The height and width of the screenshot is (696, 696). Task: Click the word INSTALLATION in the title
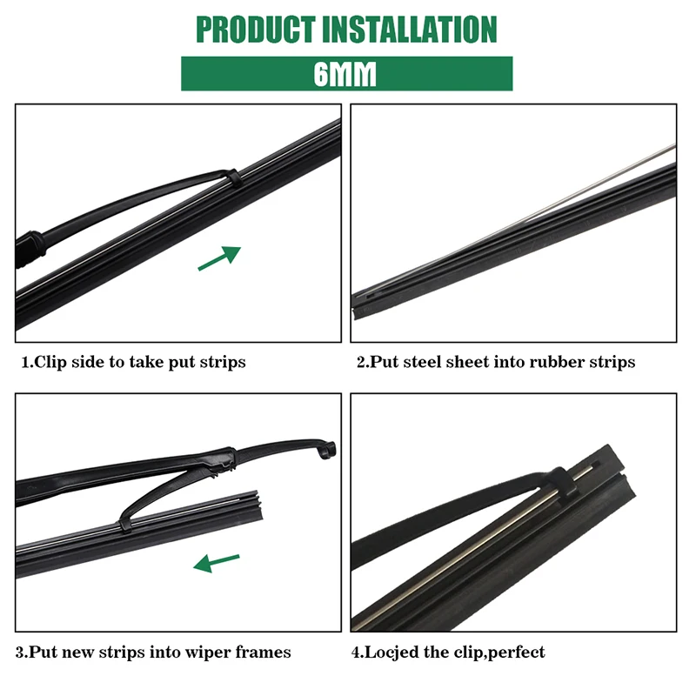point(409,29)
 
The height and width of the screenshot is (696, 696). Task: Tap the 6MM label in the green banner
point(345,74)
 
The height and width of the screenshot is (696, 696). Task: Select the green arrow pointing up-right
point(219,258)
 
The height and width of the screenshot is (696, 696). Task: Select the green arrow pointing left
point(216,564)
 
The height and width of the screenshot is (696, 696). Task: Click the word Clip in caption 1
point(50,362)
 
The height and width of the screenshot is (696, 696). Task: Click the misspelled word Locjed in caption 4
point(394,652)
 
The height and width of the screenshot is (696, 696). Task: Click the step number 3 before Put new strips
point(19,652)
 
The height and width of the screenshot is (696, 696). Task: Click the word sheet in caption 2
point(467,362)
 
